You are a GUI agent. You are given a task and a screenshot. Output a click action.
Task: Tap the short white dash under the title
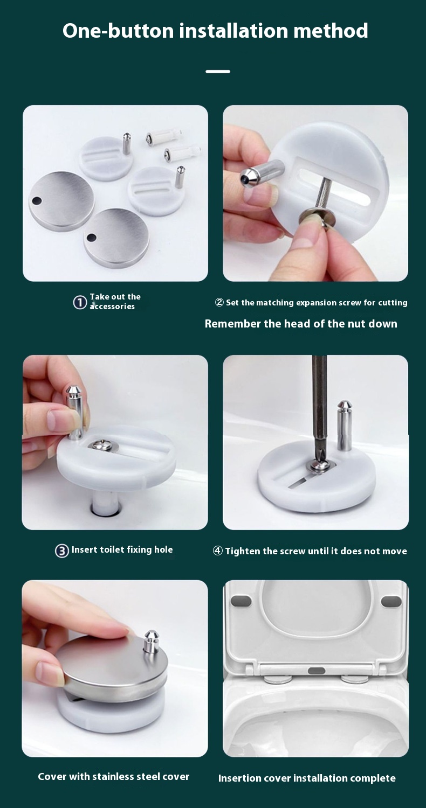tap(218, 71)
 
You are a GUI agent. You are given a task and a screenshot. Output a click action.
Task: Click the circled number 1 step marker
tap(80, 303)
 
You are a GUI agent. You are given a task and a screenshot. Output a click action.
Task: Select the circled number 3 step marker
tap(62, 551)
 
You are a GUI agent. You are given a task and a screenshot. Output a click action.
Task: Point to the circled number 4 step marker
tap(217, 551)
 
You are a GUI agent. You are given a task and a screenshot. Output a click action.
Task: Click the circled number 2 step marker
tap(219, 303)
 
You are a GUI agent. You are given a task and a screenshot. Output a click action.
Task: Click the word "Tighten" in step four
tap(242, 551)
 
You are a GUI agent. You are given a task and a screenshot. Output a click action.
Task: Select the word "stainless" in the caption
tap(114, 777)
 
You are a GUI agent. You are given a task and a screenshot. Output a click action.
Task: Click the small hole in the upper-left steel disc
tap(37, 201)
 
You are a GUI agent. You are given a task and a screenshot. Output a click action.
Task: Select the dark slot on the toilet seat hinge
tap(316, 671)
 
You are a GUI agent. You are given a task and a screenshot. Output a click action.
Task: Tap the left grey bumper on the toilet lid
tap(241, 601)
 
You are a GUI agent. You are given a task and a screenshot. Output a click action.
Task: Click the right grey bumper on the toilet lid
tap(391, 601)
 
